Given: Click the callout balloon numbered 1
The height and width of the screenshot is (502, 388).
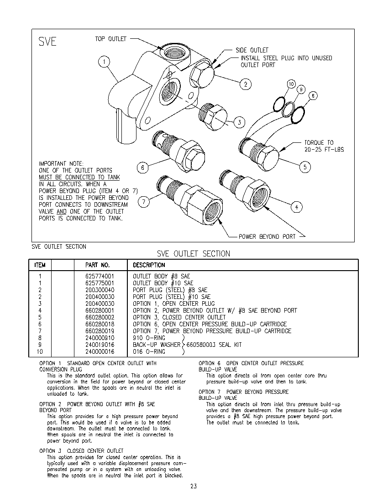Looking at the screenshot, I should pyautogui.click(x=104, y=62).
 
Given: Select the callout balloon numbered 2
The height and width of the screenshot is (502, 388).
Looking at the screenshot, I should pyautogui.click(x=246, y=84).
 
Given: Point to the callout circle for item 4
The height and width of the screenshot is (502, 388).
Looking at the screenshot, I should pyautogui.click(x=296, y=207).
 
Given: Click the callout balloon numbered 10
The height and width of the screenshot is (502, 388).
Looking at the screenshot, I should pyautogui.click(x=291, y=84).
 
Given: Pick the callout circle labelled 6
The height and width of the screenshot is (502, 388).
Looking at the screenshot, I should pyautogui.click(x=143, y=168).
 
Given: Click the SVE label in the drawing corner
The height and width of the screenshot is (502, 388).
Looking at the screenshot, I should pyautogui.click(x=47, y=42).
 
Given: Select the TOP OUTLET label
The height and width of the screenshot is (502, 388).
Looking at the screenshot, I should pyautogui.click(x=110, y=39).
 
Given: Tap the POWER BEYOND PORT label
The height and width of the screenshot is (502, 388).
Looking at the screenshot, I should pyautogui.click(x=267, y=236).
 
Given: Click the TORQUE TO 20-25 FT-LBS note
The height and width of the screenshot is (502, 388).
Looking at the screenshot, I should pyautogui.click(x=324, y=146).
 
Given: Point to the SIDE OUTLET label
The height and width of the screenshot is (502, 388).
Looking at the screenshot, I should pyautogui.click(x=252, y=50).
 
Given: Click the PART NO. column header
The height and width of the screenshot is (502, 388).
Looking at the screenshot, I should pyautogui.click(x=98, y=265).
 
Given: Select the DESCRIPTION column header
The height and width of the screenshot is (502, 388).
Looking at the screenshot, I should pyautogui.click(x=149, y=265).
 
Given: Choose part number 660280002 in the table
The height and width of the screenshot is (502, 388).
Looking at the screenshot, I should pyautogui.click(x=100, y=317).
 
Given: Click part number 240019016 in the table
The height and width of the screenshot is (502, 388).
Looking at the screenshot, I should pyautogui.click(x=100, y=345).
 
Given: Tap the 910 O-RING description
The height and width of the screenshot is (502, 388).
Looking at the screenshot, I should pyautogui.click(x=149, y=338).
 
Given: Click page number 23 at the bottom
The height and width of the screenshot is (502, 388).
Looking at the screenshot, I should pyautogui.click(x=194, y=486).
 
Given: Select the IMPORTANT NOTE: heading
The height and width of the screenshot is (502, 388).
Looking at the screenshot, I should pyautogui.click(x=61, y=163).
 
